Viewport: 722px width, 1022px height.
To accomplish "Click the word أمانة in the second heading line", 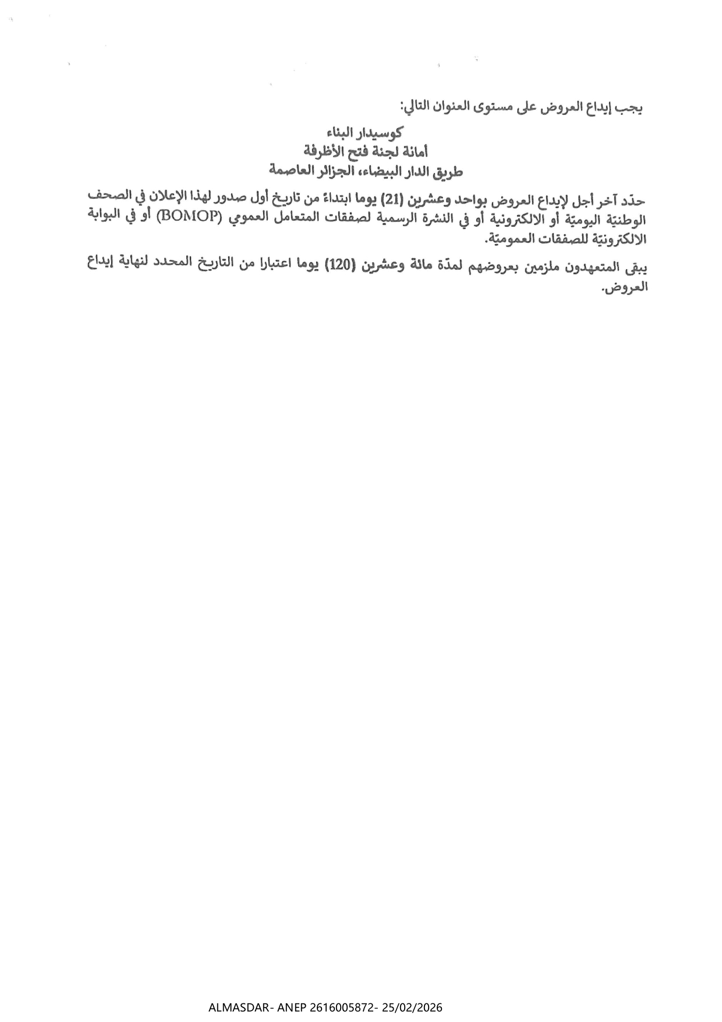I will [415, 151].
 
